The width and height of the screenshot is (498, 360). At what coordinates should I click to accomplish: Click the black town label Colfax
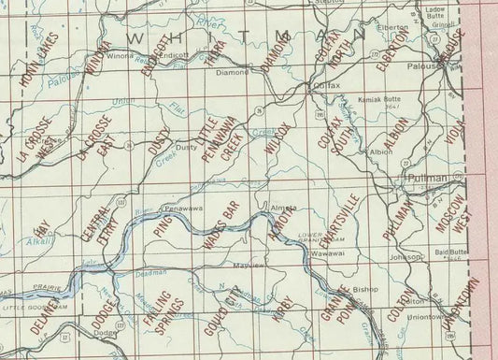coord(322,85)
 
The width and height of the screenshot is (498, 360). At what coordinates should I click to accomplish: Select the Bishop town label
coord(363,289)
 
